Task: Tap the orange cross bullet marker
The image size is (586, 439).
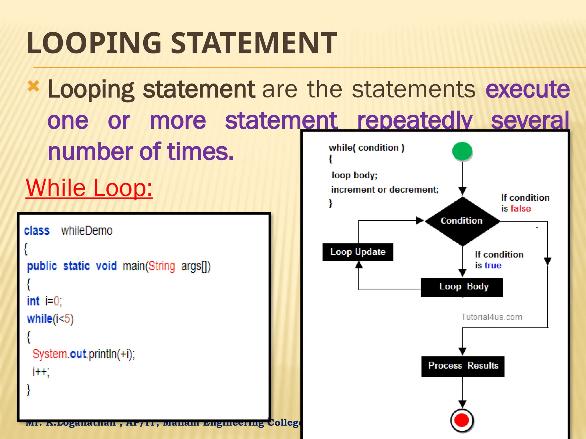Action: tap(33, 86)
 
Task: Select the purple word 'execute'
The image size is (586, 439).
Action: tap(527, 89)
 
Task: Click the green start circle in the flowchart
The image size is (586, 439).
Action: tap(462, 151)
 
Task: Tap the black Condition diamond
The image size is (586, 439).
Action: tap(462, 221)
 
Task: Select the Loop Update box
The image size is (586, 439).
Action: tap(358, 252)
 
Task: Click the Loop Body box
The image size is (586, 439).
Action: tap(462, 287)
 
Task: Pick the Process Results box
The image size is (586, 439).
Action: tap(463, 366)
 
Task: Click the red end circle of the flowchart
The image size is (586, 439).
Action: tap(462, 420)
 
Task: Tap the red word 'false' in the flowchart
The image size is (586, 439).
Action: tap(520, 209)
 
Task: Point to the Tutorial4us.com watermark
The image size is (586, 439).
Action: tap(492, 317)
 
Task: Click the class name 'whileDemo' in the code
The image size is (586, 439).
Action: tap(87, 231)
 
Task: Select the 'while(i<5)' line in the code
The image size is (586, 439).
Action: tap(50, 319)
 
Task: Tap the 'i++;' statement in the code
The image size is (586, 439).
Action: tap(41, 372)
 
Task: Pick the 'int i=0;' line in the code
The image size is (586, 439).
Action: tap(44, 301)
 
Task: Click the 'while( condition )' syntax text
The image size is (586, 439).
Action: tap(366, 148)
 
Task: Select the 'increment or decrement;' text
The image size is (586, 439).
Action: tap(385, 189)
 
